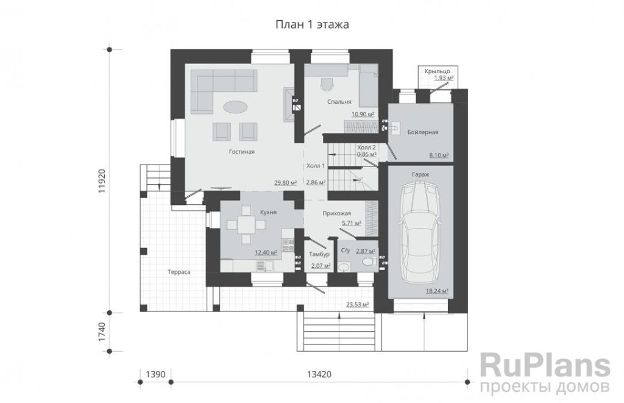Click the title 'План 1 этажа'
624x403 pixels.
[313, 24]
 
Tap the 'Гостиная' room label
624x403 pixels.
[242, 152]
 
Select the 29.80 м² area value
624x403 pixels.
[286, 183]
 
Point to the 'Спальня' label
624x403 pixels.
[339, 102]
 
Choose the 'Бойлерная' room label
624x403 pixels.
[423, 132]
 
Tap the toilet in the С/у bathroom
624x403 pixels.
[369, 262]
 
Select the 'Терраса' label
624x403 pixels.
[179, 273]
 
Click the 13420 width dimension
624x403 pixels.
[319, 374]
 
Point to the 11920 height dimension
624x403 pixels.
[102, 181]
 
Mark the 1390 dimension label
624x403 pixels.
[155, 374]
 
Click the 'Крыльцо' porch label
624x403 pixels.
[437, 71]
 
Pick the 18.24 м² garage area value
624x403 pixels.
[437, 291]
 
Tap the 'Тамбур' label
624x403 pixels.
[319, 254]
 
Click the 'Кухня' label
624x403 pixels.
[268, 212]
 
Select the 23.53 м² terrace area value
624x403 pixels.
[357, 305]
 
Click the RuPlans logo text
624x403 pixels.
[545, 366]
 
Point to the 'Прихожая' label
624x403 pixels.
[336, 214]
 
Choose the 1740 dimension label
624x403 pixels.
[102, 332]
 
